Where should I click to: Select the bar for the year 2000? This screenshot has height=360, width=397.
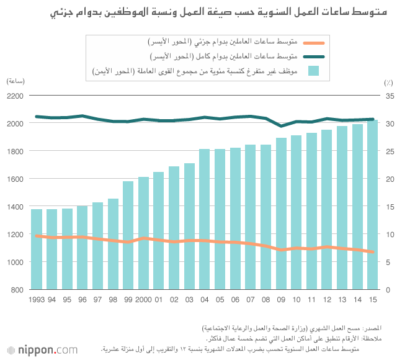point(143,233)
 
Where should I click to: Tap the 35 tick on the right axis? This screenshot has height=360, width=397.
point(388,96)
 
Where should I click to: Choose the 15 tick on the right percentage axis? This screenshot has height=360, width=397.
point(388,207)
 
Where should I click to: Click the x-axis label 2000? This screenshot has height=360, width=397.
point(143,300)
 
